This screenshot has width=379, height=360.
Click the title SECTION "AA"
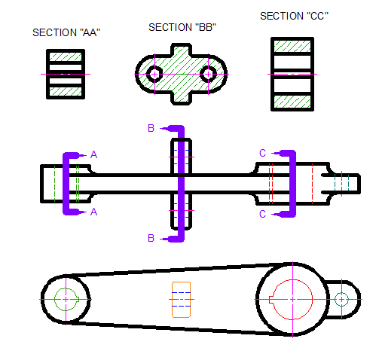tap(66, 33)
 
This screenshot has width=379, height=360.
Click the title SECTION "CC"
tap(295, 16)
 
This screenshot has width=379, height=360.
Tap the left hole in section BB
tap(154, 74)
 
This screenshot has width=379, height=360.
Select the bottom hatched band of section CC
tap(292, 102)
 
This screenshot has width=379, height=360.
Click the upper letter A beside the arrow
tap(93, 154)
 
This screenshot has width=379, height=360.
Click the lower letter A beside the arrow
tap(93, 213)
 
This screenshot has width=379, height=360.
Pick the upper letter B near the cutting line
tap(151, 129)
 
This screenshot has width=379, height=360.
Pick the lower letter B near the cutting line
tap(151, 238)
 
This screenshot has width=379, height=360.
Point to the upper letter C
tap(262, 154)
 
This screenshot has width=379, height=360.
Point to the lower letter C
tap(262, 214)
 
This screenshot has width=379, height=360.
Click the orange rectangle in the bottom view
tap(181, 299)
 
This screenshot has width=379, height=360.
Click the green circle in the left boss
tap(66, 299)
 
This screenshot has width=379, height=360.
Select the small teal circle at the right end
tap(341, 299)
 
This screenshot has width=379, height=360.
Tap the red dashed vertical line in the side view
tap(312, 183)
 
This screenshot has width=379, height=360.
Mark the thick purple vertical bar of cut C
tap(292, 184)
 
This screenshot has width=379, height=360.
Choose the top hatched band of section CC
tap(292, 45)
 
